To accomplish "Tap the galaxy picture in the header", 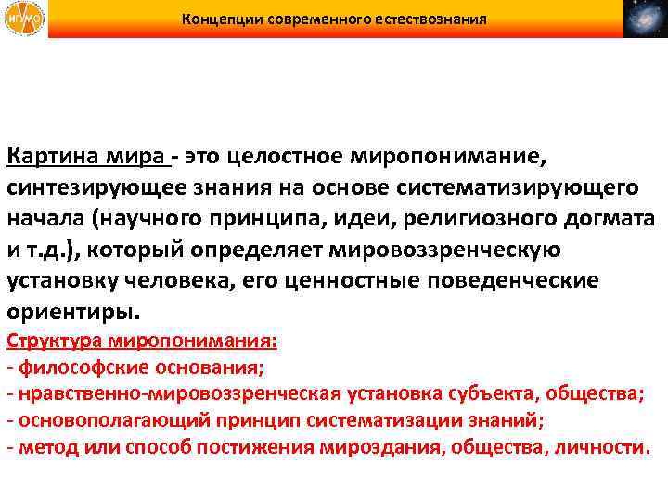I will point(645,19).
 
